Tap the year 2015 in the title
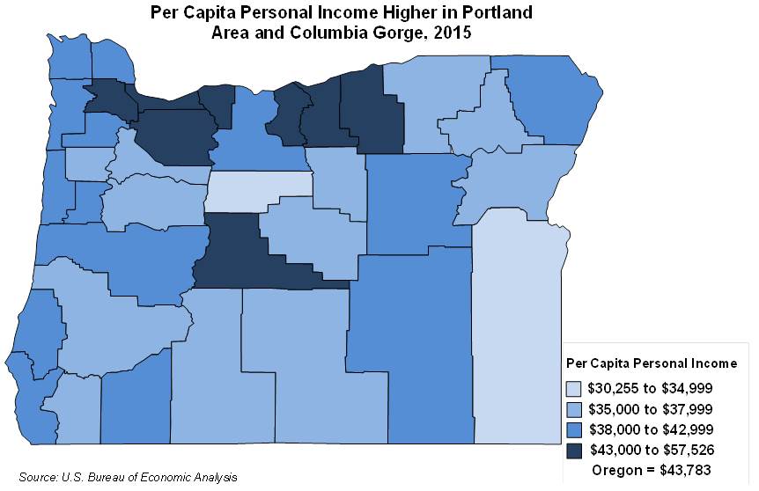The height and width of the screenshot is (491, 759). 452,34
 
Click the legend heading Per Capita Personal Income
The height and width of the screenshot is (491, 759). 657,363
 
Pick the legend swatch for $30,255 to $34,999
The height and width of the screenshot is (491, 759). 574,387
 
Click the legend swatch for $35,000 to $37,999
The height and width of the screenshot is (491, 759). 574,408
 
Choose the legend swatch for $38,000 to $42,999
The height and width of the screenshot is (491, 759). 574,429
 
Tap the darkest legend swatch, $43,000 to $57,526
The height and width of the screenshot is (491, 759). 574,450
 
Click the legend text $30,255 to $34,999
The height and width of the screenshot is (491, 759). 650,387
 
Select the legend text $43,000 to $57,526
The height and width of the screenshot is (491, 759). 650,450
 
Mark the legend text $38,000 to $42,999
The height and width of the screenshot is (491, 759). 650,429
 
